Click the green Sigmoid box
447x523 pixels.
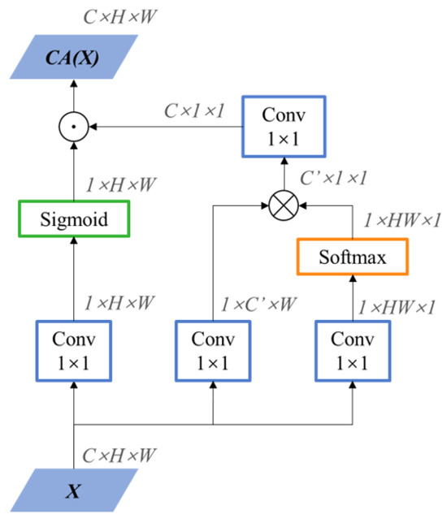[73, 219]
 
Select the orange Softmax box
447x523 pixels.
[353, 258]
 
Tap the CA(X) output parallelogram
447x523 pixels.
[72, 58]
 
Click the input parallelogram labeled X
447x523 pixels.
[73, 492]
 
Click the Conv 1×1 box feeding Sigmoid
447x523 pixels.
[73, 351]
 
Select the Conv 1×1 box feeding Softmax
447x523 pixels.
[353, 351]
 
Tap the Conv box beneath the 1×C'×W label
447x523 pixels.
[213, 351]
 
